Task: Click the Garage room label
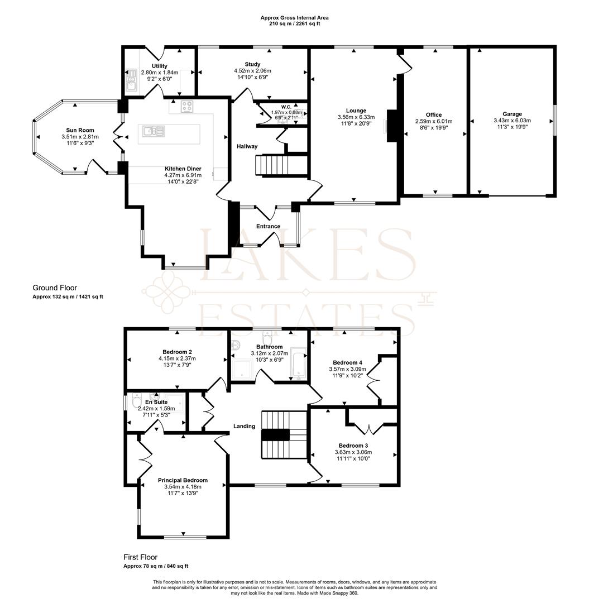[512, 114]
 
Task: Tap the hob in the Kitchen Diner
[187, 107]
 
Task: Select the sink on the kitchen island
[154, 131]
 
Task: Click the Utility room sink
[132, 79]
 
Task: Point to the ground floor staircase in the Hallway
[282, 165]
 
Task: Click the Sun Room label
[80, 130]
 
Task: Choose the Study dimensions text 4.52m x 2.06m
[252, 71]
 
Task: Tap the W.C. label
[286, 107]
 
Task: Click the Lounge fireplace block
[392, 126]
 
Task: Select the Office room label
[434, 114]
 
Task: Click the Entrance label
[269, 226]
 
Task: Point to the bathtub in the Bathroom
[298, 363]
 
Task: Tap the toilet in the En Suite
[136, 401]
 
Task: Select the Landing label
[244, 426]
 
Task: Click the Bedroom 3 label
[353, 446]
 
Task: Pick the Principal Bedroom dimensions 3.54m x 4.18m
[183, 487]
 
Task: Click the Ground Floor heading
[55, 288]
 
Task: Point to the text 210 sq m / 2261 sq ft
[295, 23]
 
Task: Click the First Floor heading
[140, 557]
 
